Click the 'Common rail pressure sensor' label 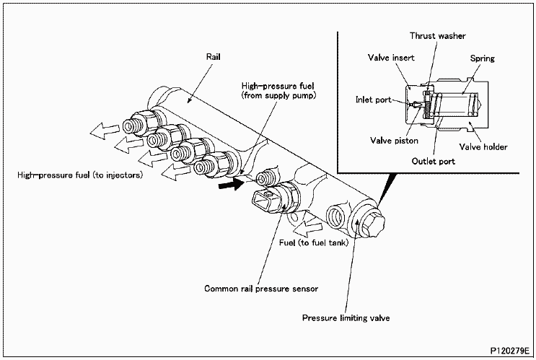pyautogui.click(x=261, y=288)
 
